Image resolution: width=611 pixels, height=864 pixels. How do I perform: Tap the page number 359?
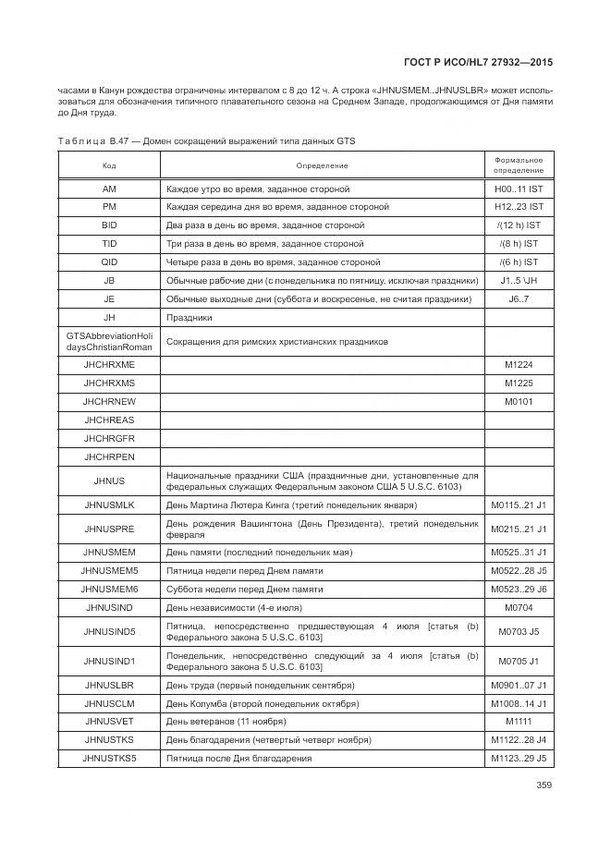(x=544, y=786)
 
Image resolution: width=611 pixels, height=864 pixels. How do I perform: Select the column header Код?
(x=109, y=165)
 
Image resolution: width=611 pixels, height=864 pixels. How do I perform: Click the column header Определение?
(x=322, y=165)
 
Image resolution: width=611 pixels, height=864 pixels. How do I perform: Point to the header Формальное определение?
(x=518, y=165)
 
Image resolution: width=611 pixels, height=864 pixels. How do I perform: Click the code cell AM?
(x=109, y=189)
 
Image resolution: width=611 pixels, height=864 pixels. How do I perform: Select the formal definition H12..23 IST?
(x=518, y=207)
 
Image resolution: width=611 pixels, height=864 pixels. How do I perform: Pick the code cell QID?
(x=109, y=262)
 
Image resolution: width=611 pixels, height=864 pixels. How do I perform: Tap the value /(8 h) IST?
(x=518, y=244)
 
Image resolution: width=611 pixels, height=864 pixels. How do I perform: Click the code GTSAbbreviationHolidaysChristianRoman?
(x=109, y=341)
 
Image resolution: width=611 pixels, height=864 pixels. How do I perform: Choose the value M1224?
(x=518, y=365)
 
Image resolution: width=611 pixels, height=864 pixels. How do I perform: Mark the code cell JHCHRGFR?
(x=109, y=438)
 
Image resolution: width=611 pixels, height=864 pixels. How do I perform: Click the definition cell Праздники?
(x=189, y=317)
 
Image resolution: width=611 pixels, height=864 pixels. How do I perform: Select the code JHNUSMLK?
(x=109, y=505)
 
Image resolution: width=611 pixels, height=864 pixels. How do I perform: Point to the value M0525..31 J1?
(x=518, y=552)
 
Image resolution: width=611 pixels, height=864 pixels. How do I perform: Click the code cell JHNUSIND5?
(x=109, y=632)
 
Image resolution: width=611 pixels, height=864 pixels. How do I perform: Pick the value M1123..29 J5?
(x=518, y=759)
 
